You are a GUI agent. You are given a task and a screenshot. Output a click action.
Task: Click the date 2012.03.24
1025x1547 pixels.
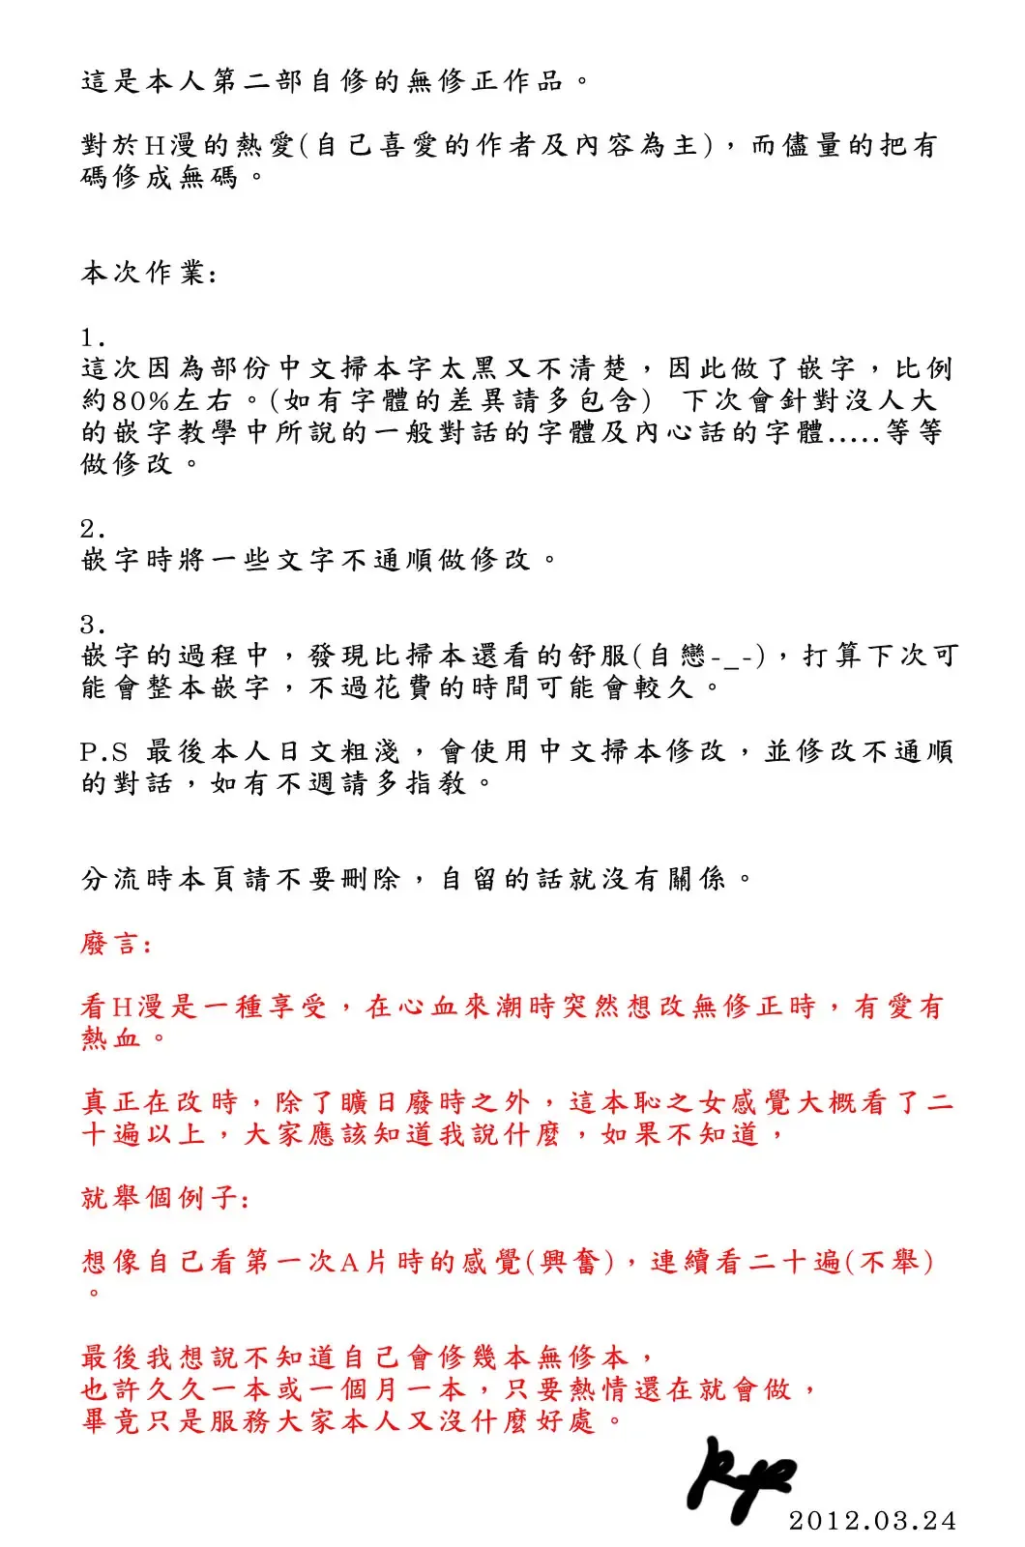tap(872, 1520)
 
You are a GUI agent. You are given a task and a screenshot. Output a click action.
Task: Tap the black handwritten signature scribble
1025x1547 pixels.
tap(740, 1479)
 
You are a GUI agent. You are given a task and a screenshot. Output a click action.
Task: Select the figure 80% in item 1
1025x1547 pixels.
tap(141, 400)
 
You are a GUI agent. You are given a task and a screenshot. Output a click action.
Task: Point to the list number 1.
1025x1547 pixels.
tap(93, 338)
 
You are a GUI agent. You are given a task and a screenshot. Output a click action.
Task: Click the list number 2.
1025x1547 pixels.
tap(93, 529)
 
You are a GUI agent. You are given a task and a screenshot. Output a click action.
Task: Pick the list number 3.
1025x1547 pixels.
tap(93, 625)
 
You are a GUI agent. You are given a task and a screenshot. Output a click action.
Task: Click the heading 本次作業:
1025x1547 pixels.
tap(149, 274)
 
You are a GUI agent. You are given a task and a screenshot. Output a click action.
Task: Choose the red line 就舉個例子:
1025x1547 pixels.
tap(165, 1198)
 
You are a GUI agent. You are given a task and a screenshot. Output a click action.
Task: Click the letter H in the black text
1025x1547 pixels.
tap(155, 146)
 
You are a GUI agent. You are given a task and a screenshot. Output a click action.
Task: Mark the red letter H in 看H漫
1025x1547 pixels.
tap(122, 1007)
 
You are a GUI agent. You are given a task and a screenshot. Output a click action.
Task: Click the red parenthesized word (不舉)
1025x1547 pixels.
tap(890, 1262)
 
